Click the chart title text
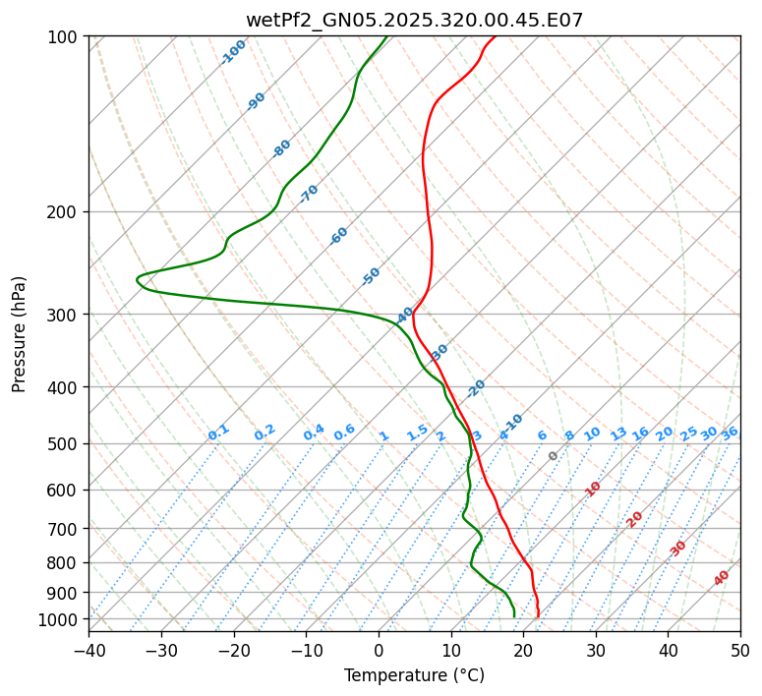[414, 21]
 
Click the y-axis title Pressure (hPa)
[20, 333]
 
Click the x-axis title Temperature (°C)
[414, 675]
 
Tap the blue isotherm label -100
[234, 52]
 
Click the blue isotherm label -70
[309, 193]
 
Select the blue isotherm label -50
[371, 276]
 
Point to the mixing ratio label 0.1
[218, 433]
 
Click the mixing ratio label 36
[730, 433]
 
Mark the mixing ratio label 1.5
[417, 433]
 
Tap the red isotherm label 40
[722, 578]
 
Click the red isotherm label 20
[635, 518]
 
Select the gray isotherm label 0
[554, 456]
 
